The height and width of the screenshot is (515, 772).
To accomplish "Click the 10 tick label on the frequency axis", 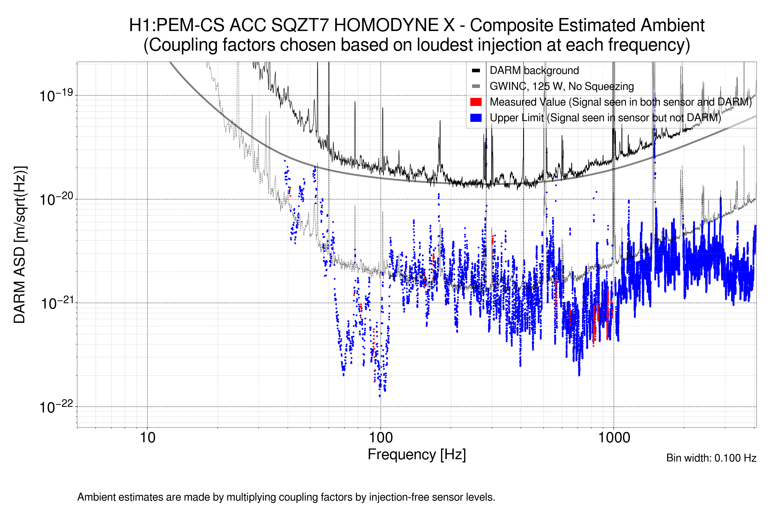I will (147, 438).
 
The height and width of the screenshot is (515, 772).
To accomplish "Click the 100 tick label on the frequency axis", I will (381, 438).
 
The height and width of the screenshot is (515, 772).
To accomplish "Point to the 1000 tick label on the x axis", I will (614, 438).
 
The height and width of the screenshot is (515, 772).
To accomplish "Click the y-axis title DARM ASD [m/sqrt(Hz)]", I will (20, 245).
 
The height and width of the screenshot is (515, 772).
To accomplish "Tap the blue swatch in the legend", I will (476, 118).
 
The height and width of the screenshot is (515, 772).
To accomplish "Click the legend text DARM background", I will (534, 71).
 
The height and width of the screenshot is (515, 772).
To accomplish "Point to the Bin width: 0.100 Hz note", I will (711, 458).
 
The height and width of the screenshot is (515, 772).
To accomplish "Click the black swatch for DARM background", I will (476, 71).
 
